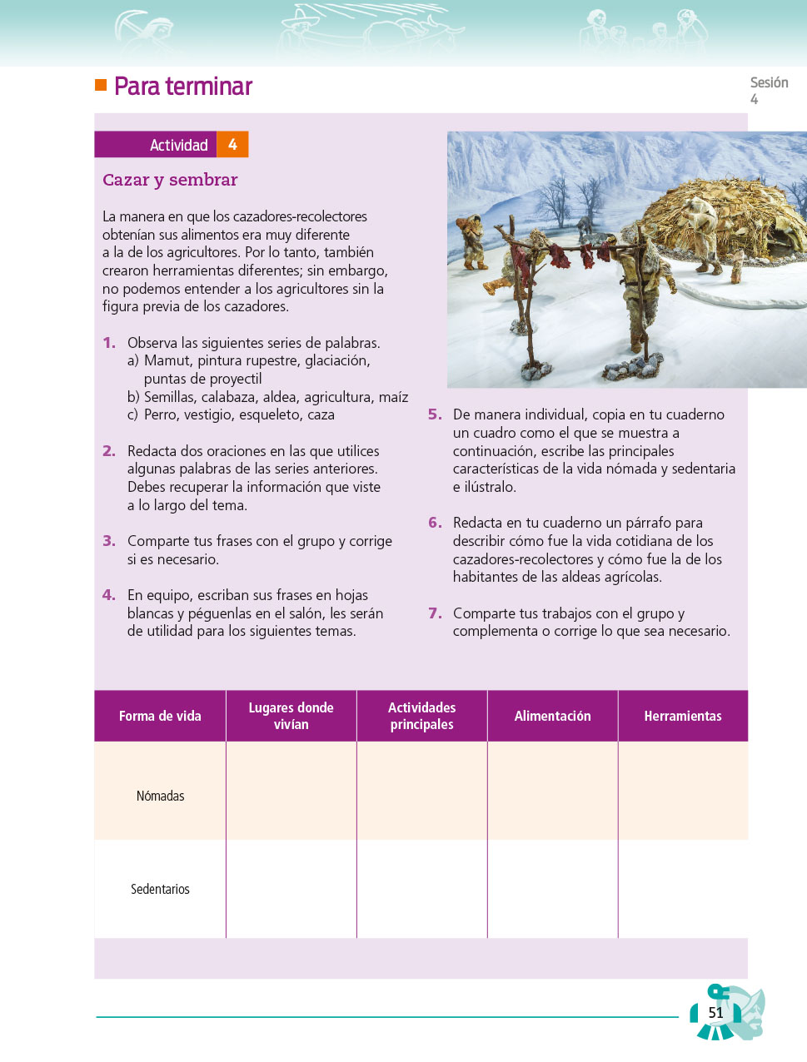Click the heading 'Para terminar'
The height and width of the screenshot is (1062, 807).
click(183, 87)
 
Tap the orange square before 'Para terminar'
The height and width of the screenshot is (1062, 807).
click(101, 85)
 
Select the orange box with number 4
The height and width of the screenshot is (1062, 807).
click(232, 145)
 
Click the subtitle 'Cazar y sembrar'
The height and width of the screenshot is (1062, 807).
click(170, 180)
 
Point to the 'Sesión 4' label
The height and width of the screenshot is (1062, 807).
click(768, 90)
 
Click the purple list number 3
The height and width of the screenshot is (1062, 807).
click(109, 541)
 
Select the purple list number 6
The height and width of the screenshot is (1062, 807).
click(435, 523)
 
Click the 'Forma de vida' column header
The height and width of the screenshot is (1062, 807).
click(160, 716)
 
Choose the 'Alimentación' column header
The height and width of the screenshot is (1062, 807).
click(552, 716)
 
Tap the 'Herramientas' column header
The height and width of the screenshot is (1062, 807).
click(683, 716)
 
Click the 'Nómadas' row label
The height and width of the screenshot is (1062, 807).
click(160, 796)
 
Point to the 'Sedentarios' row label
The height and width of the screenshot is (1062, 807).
click(160, 889)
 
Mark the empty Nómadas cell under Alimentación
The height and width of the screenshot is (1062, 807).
click(552, 791)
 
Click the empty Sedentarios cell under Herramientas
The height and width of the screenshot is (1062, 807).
click(683, 889)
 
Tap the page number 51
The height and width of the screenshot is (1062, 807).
click(715, 1013)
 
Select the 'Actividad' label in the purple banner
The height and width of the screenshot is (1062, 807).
click(178, 145)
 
